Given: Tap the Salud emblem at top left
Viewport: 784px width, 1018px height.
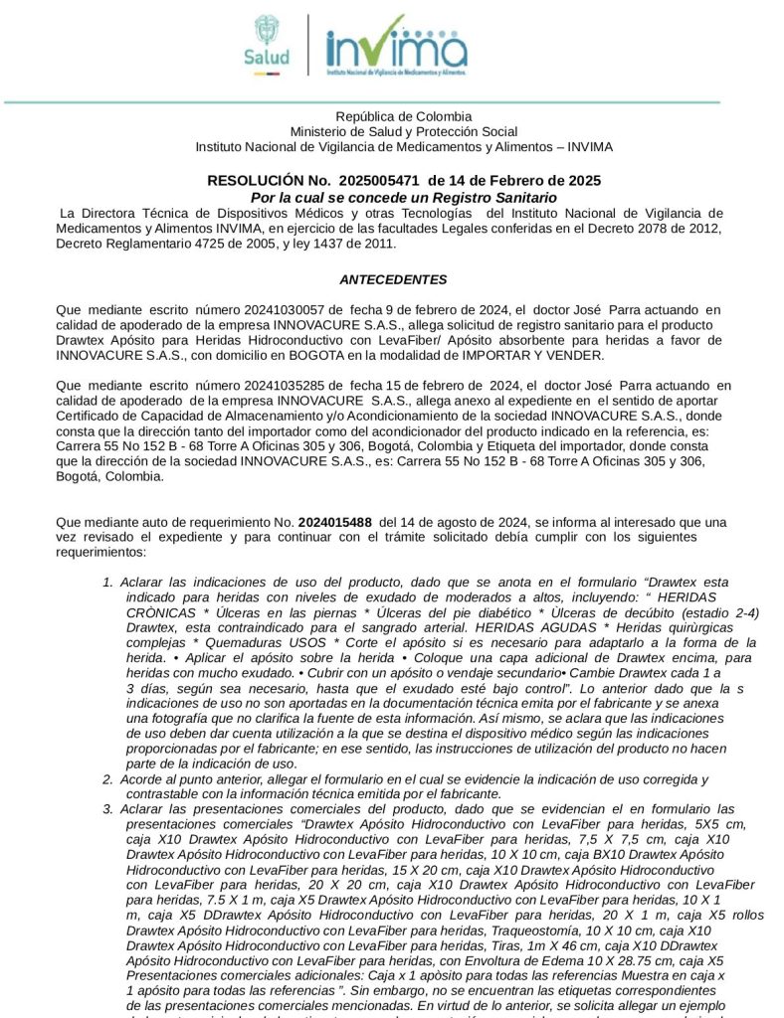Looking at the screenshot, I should (x=267, y=42).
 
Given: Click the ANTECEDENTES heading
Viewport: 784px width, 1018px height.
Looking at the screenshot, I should (x=393, y=279).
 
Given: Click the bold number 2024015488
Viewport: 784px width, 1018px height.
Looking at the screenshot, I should (x=335, y=522).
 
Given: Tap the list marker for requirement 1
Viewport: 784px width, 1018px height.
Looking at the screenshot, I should (x=107, y=582).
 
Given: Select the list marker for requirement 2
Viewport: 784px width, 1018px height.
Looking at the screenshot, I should (x=107, y=779).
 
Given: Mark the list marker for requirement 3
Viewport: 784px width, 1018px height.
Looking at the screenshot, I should (x=107, y=809).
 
